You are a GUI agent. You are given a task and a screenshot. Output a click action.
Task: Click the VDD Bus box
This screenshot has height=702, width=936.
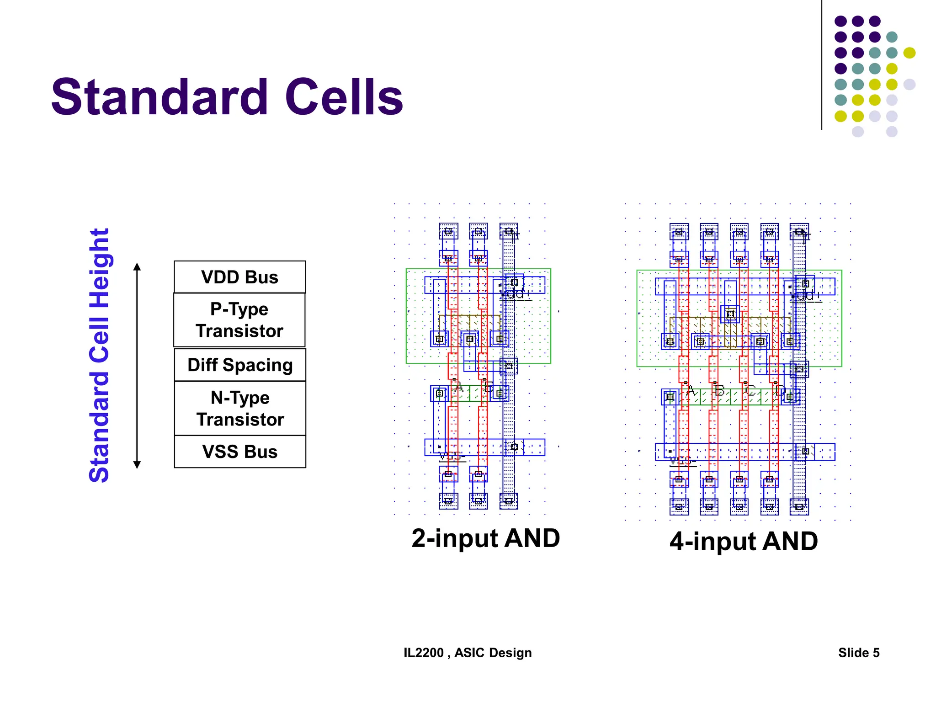239,277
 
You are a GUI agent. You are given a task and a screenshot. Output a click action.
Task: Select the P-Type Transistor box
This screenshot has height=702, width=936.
239,320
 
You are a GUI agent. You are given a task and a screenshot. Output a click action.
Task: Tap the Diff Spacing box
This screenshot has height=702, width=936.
239,365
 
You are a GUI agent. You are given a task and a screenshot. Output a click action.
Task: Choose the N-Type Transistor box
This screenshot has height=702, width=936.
239,408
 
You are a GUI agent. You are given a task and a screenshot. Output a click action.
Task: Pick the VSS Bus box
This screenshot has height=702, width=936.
239,452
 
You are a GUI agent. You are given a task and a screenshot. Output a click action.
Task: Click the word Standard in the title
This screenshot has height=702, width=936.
160,97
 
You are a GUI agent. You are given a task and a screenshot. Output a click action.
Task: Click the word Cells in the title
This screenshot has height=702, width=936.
344,97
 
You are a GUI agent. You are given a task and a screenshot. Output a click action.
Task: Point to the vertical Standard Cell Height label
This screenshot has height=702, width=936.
99,355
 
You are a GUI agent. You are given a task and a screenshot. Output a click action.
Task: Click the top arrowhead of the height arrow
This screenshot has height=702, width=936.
137,266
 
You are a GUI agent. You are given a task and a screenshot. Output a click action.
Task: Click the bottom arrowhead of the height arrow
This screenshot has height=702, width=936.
137,465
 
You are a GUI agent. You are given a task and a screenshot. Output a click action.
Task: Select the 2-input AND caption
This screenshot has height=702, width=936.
485,538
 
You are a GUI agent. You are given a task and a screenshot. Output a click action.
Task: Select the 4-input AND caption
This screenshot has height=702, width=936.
744,542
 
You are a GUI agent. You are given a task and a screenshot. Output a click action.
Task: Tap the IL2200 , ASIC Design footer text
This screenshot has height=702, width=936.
468,653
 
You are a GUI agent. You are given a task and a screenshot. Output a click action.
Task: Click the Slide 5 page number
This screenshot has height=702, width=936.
859,653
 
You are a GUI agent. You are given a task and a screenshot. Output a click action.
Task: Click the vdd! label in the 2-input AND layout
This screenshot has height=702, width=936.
515,294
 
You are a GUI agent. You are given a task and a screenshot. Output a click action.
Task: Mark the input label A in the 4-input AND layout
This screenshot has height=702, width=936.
690,391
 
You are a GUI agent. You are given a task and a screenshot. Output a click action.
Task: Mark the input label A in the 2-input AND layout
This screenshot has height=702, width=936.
459,388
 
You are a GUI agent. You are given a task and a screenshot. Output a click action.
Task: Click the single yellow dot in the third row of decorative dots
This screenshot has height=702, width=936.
909,53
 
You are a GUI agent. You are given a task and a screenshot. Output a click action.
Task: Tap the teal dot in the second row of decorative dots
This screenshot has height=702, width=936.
892,37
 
